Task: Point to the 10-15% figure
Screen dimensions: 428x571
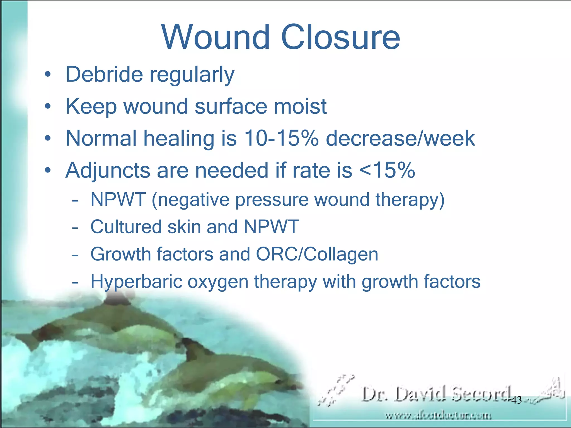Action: tap(281, 138)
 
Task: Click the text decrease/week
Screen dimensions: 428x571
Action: tap(400, 138)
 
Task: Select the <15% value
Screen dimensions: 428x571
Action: tap(387, 170)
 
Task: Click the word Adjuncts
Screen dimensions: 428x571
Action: tap(108, 170)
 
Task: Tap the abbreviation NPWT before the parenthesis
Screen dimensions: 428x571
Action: tap(118, 200)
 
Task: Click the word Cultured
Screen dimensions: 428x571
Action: tap(126, 227)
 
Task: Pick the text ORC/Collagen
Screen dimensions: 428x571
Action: tap(317, 254)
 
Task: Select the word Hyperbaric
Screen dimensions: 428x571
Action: tap(136, 281)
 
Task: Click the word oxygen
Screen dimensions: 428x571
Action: tap(218, 281)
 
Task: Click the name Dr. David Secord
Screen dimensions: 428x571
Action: tap(436, 394)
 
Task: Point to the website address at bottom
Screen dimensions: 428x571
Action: tap(438, 416)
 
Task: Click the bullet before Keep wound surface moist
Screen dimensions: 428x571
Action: tap(48, 106)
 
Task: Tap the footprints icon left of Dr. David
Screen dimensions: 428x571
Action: tap(336, 390)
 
